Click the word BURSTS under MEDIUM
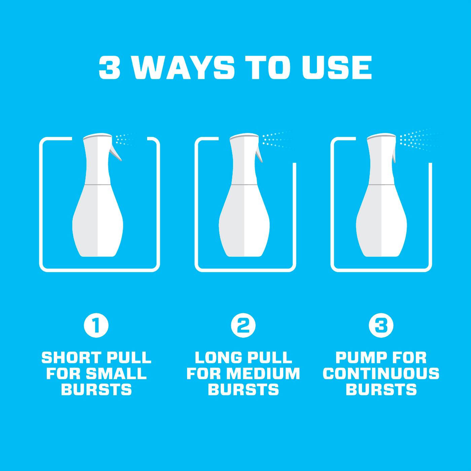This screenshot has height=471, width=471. [243, 390]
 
